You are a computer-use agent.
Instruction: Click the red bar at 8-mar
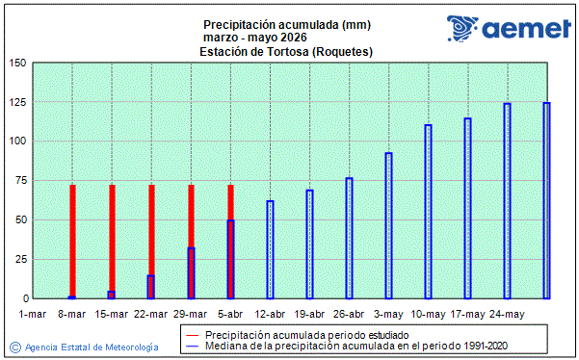click(72, 241)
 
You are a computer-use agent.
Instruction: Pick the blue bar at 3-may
click(388, 225)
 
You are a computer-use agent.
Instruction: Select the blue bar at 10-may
click(428, 212)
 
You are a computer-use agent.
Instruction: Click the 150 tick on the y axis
click(16, 64)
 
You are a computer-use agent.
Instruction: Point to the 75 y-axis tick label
click(19, 181)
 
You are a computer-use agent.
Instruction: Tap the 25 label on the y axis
click(19, 260)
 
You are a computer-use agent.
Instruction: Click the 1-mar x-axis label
click(33, 314)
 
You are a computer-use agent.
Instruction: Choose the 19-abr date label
click(309, 314)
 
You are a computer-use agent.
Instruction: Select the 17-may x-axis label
click(467, 314)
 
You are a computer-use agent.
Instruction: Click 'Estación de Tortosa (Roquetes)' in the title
click(287, 51)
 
